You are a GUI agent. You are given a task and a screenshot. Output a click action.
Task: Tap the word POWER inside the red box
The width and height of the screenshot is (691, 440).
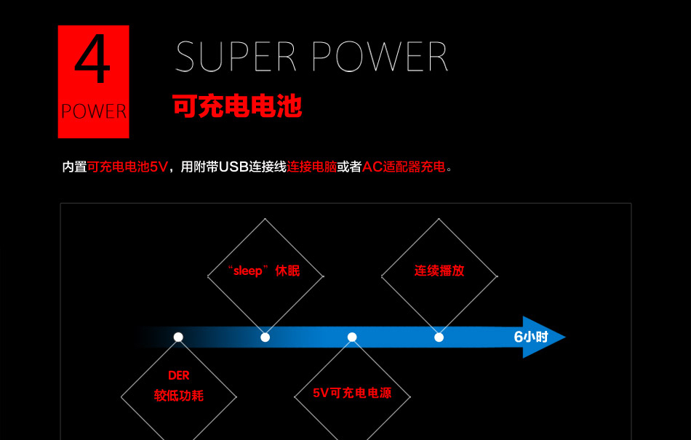(x=94, y=111)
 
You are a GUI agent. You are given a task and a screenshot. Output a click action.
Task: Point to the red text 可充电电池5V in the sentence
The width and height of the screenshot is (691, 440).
(x=127, y=167)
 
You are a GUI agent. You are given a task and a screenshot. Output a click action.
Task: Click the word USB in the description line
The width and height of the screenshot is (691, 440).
(x=233, y=167)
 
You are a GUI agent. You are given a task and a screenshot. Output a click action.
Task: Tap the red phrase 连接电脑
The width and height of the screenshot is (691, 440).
(x=312, y=167)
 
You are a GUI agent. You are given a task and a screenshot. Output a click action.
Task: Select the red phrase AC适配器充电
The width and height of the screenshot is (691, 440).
(x=404, y=167)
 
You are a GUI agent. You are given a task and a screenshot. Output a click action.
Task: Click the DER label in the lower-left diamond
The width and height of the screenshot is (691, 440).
(x=178, y=376)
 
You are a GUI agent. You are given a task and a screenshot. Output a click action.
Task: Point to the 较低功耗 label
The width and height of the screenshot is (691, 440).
(x=178, y=396)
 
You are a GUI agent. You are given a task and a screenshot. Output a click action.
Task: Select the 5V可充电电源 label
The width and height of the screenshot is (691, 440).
(x=352, y=393)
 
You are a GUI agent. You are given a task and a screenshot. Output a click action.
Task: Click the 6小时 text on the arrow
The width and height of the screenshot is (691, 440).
(x=530, y=337)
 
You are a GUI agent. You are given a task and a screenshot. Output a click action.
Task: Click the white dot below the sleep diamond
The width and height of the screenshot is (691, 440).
(x=265, y=337)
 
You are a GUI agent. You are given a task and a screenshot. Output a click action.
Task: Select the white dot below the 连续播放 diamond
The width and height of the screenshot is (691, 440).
(x=439, y=337)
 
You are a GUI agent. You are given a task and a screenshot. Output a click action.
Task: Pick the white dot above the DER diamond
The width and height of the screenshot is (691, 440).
(x=178, y=337)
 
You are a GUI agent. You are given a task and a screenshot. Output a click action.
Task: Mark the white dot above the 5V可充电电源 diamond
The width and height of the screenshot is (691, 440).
(x=352, y=337)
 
